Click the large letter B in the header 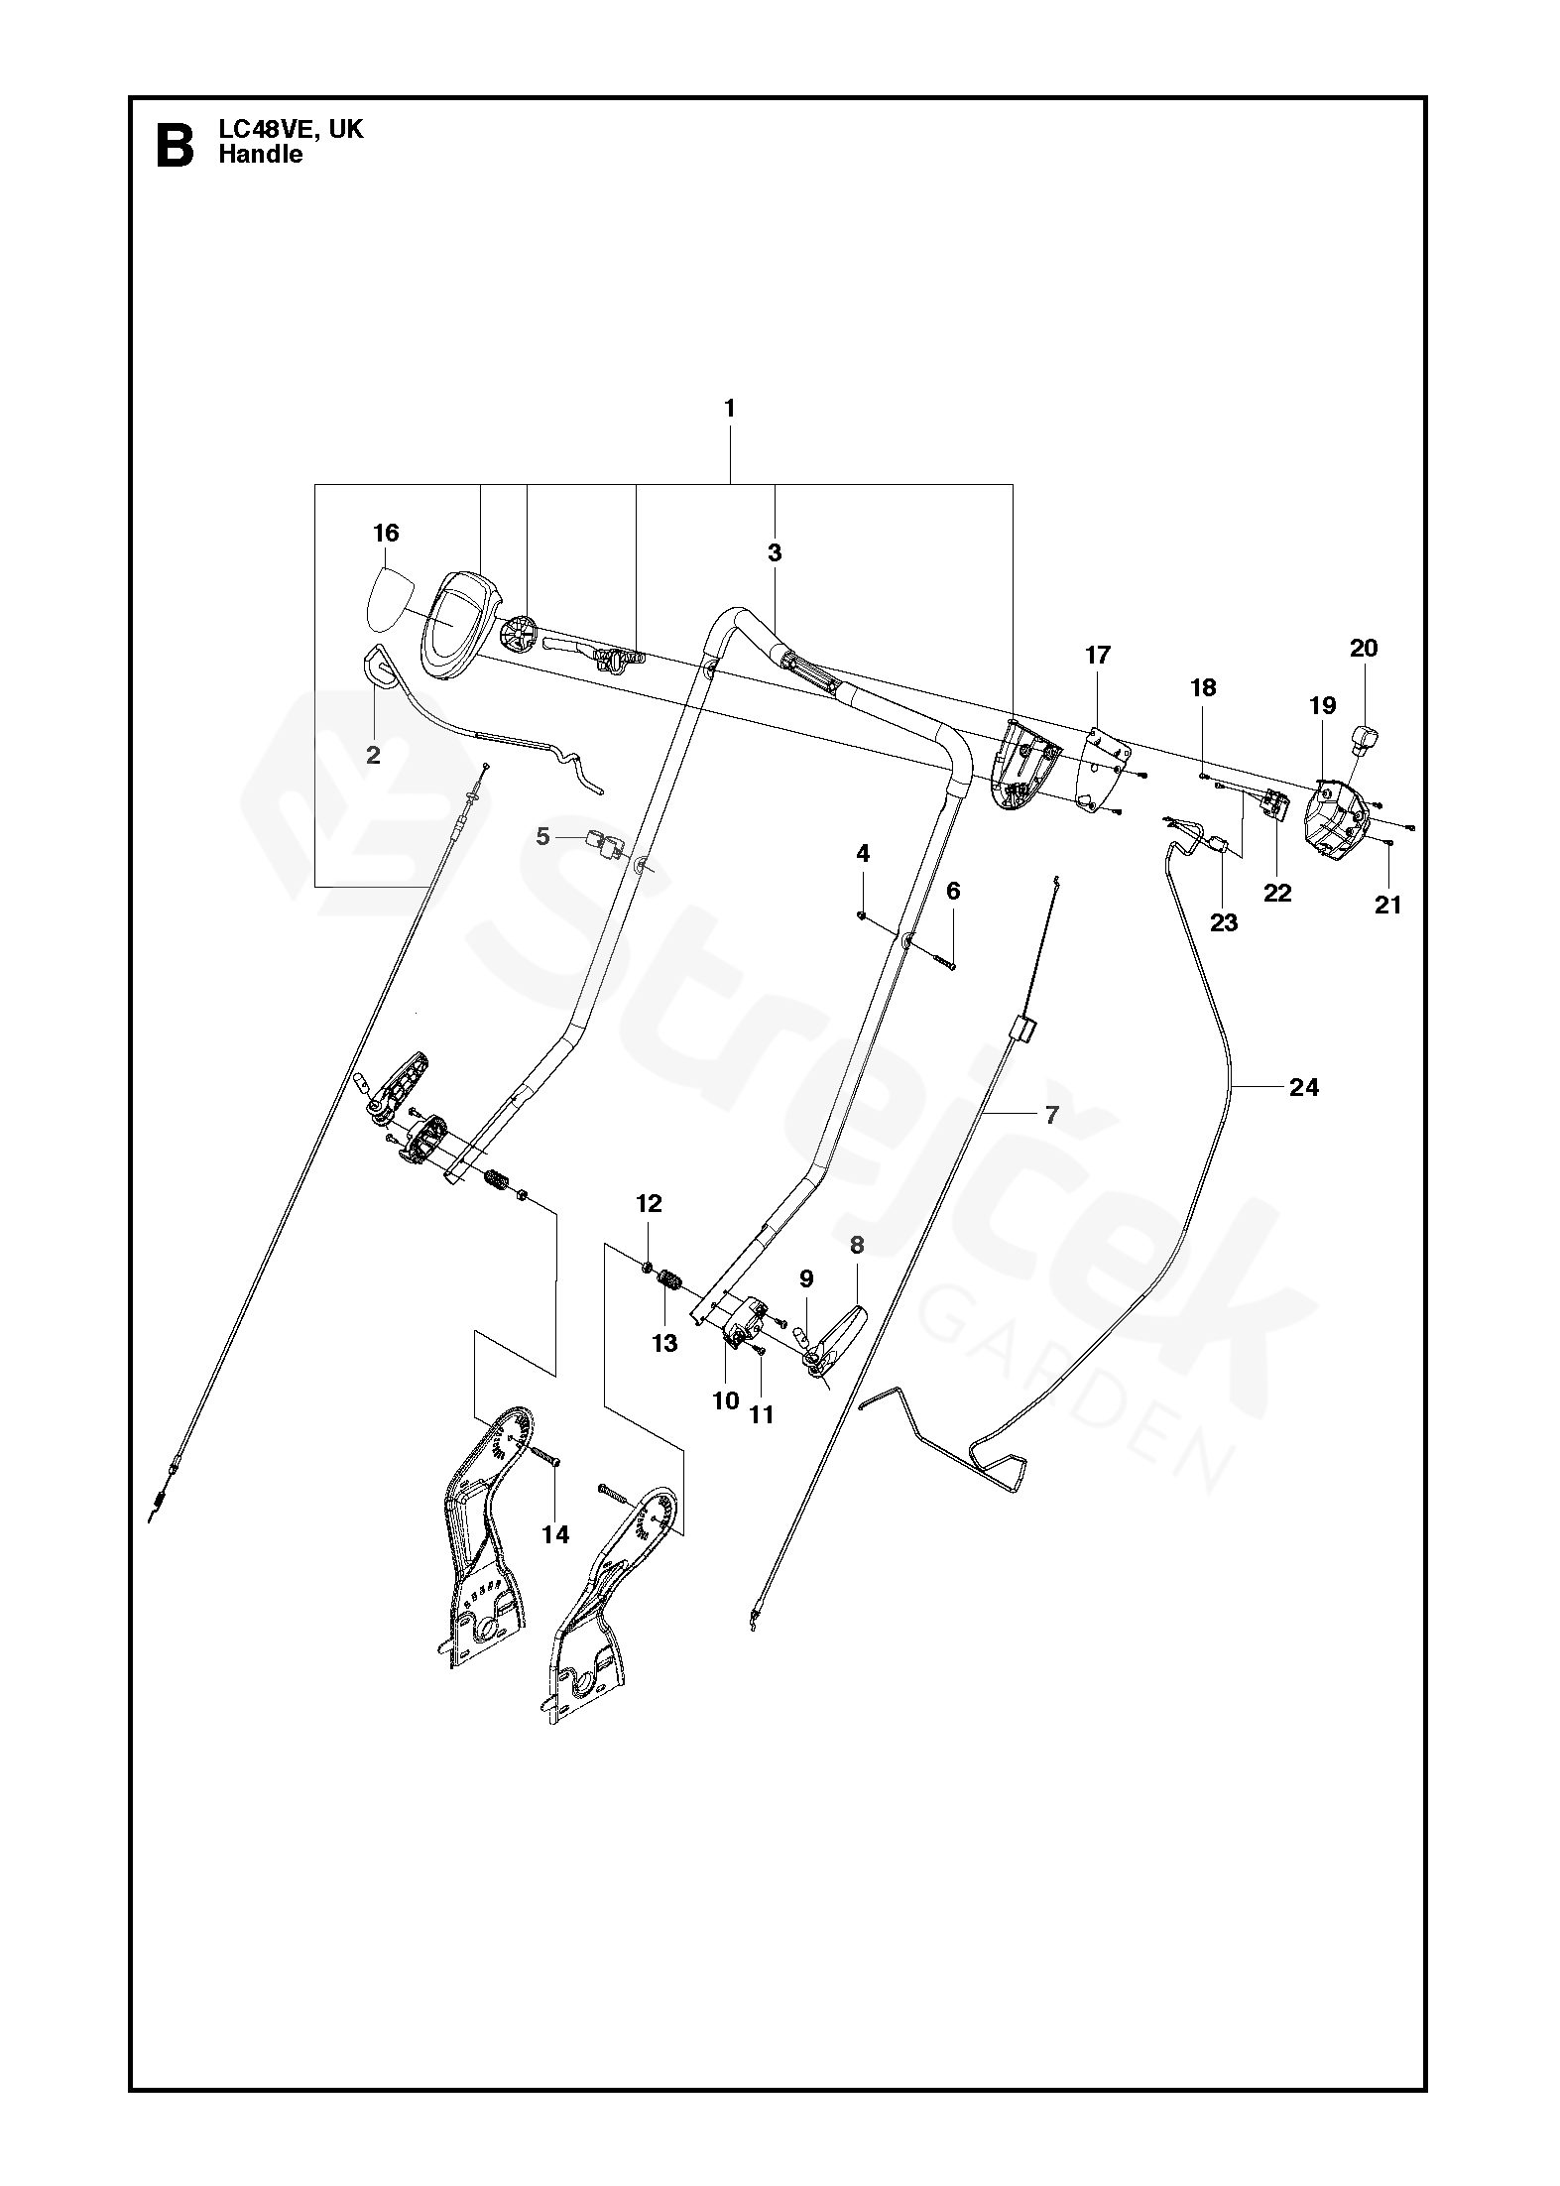(x=176, y=145)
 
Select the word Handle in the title (x=261, y=154)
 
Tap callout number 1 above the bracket (x=730, y=408)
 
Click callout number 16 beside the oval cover (x=386, y=534)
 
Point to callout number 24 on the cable (x=1303, y=1087)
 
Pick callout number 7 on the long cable (x=1052, y=1114)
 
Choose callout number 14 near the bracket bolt (x=555, y=1534)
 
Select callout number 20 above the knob (x=1364, y=648)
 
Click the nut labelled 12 (x=646, y=1267)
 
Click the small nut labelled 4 (x=862, y=915)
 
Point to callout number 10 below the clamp (x=726, y=1400)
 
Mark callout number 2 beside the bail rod (x=373, y=755)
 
